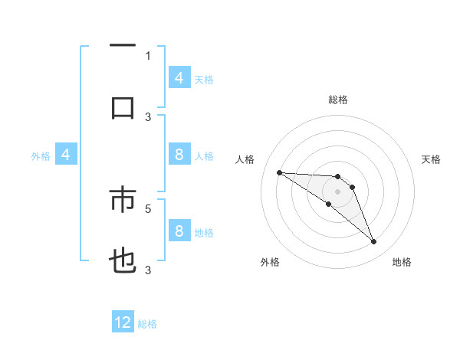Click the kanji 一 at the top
point(123,46)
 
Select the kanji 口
point(123,107)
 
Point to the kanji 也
point(123,262)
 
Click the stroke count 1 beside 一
point(148,55)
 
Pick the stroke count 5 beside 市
point(148,208)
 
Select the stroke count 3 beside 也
point(148,270)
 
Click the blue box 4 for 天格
point(179,77)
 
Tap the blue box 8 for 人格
point(179,155)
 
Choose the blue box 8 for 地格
point(179,231)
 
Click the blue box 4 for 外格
point(65,155)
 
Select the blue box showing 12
point(123,322)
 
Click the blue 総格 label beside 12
point(147,323)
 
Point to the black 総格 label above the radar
point(337,100)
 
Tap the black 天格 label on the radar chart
point(431,159)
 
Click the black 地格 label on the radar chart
point(402,262)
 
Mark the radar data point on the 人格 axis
point(279,172)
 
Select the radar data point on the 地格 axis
point(373,242)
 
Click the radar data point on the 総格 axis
point(337,177)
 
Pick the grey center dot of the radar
point(337,191)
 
